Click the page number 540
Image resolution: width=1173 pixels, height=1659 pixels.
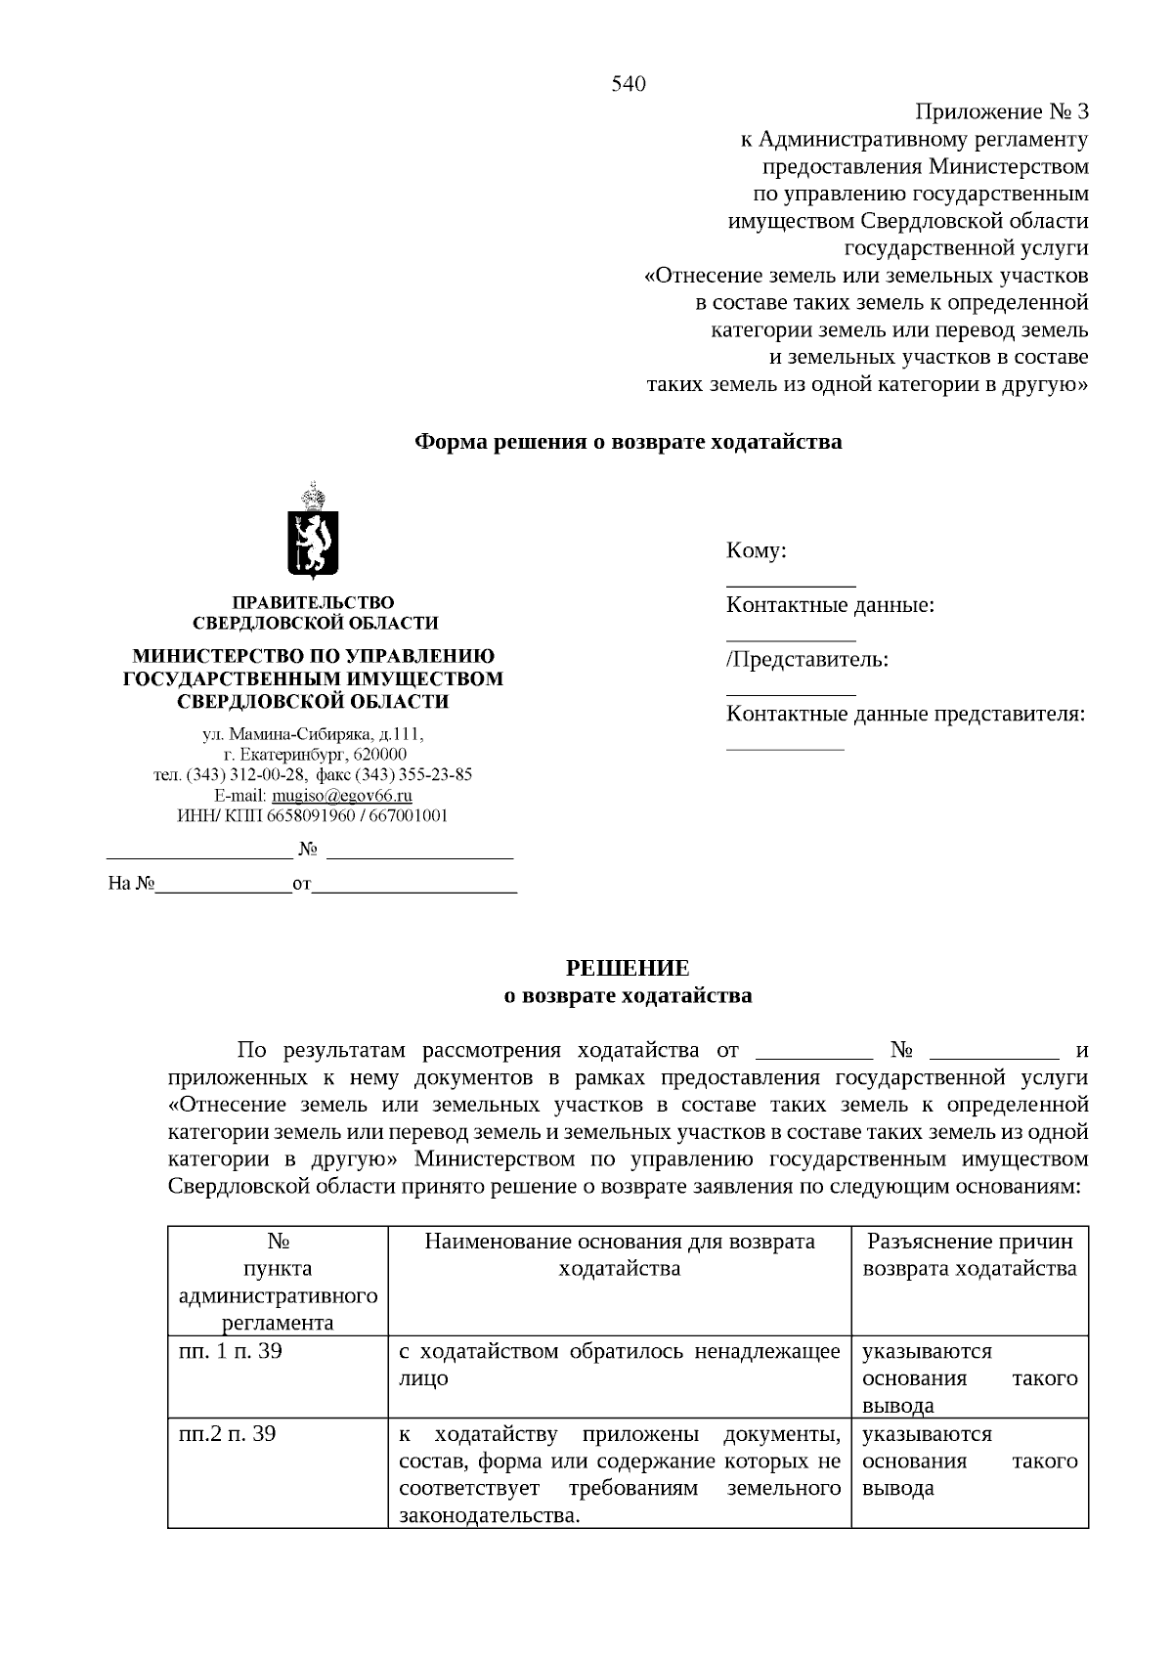tap(629, 84)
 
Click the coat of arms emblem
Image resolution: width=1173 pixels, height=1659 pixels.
tap(313, 531)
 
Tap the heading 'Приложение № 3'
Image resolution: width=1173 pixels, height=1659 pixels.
tap(1002, 111)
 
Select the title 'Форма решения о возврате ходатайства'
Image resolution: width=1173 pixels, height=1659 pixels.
tap(629, 442)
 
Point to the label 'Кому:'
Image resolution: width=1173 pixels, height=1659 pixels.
tap(757, 551)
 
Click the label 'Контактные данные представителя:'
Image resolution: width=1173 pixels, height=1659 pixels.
tap(906, 714)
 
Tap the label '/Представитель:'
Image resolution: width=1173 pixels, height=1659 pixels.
tap(807, 660)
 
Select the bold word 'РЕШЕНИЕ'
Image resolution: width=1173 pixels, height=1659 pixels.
tap(629, 969)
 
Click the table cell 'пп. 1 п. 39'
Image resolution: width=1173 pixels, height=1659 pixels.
tap(231, 1352)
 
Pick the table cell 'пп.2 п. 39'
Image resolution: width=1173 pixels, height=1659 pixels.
tap(228, 1434)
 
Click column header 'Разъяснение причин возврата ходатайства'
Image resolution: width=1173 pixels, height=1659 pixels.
tap(970, 1255)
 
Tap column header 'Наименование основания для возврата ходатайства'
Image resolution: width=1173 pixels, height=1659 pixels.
tap(620, 1255)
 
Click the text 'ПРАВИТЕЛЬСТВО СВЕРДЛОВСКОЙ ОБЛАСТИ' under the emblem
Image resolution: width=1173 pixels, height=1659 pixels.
tap(314, 613)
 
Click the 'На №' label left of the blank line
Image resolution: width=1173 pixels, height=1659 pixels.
tap(132, 885)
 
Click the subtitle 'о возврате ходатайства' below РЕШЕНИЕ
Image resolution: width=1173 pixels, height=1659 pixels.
tap(629, 996)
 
